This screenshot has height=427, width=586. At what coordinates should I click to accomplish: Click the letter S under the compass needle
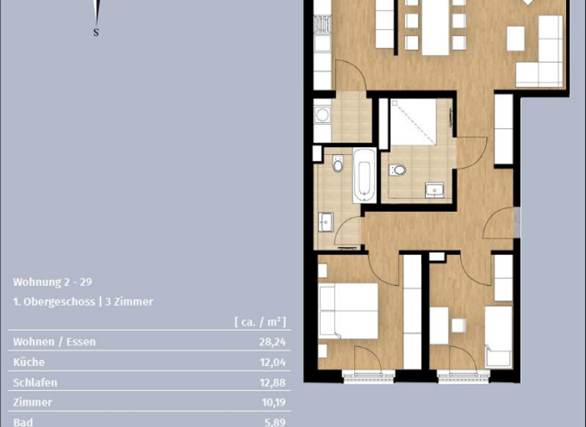click(95, 32)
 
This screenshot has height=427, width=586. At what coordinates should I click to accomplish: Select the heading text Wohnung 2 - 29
click(53, 281)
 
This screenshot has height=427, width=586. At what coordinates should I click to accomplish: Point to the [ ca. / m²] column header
click(259, 322)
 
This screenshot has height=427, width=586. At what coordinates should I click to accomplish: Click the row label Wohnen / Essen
click(54, 342)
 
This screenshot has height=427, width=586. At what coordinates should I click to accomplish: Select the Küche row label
click(29, 362)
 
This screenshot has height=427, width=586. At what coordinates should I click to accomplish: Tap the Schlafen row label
click(35, 382)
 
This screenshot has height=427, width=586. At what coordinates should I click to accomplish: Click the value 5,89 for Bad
click(275, 421)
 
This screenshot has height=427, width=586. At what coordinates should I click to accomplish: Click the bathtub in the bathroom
click(364, 175)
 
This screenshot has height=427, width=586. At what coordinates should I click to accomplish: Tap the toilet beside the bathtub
click(338, 163)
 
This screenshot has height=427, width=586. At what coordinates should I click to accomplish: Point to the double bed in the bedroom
click(349, 310)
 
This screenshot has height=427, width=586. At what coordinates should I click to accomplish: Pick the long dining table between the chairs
click(436, 27)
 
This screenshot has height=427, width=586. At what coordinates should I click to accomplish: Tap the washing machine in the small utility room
click(321, 115)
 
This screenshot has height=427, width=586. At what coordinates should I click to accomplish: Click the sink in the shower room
click(435, 189)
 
